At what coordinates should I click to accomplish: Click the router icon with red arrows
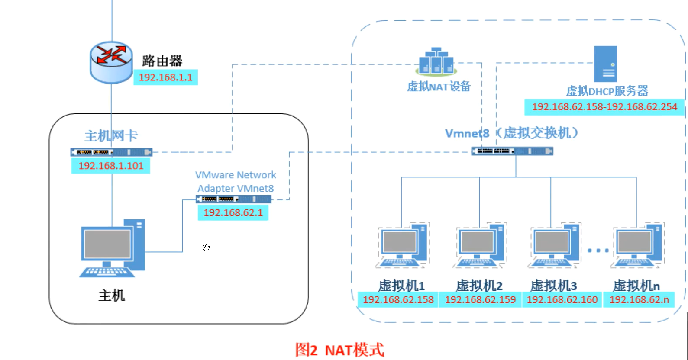coord(111,62)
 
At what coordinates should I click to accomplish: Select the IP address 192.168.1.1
coord(165,77)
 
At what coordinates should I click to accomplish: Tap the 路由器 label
coord(162,61)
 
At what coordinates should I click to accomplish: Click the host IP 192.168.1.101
coord(111,166)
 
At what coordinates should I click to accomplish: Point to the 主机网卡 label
coord(111,136)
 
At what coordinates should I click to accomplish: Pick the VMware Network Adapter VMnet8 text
coord(236,182)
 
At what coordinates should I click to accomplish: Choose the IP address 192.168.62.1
coord(233,213)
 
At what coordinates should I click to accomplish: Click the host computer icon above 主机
coord(112,248)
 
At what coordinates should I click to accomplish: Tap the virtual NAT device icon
coord(436,61)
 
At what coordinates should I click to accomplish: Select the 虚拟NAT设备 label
coord(439,87)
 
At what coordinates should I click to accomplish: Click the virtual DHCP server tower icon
coord(605,64)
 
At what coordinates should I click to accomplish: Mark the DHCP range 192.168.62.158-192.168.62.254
coord(604,107)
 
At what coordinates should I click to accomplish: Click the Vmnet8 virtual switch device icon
coord(512,151)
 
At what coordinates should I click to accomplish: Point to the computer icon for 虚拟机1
coord(403,245)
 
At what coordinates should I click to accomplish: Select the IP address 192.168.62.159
coord(480,300)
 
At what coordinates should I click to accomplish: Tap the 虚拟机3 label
coord(553,286)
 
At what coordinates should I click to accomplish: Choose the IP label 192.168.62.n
coord(639,300)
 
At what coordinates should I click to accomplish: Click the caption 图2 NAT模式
coord(339,350)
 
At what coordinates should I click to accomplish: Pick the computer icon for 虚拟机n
coord(638,245)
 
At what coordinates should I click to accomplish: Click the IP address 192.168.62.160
coord(562,300)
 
